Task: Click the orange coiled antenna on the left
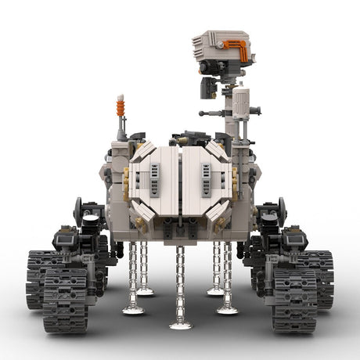point(121,107)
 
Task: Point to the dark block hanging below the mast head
point(207,88)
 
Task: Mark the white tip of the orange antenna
point(121,97)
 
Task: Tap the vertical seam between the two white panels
point(181,184)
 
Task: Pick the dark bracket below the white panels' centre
point(181,228)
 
